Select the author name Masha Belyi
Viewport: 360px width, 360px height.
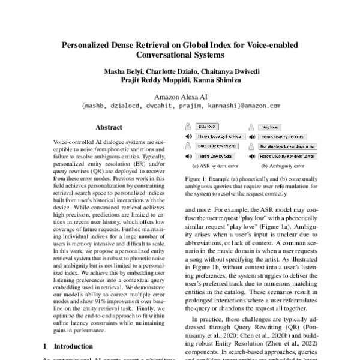pyautogui.click(x=125, y=70)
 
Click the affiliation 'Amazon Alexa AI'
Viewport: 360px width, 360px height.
pyautogui.click(x=180, y=97)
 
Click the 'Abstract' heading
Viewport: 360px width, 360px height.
pyautogui.click(x=109, y=127)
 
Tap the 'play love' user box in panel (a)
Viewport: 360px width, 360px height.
pyautogui.click(x=208, y=127)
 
